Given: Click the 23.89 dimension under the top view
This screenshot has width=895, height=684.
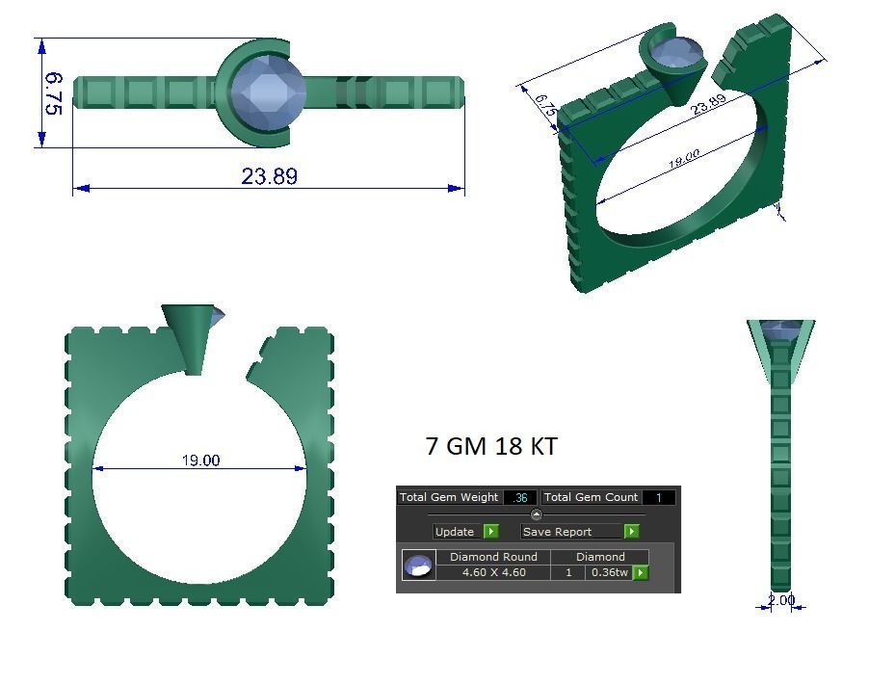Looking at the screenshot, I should [x=269, y=176].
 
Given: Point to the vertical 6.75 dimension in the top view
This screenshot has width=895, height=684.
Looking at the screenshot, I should [x=54, y=93].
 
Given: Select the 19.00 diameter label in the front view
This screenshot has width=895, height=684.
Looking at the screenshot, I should [x=200, y=460].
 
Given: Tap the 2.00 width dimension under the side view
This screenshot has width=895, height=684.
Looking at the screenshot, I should [x=781, y=600].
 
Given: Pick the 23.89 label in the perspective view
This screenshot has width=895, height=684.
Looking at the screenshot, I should [x=708, y=104].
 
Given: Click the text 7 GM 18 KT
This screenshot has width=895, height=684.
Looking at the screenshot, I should [x=490, y=446].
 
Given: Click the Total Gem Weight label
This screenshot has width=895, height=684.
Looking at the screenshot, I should [x=449, y=497].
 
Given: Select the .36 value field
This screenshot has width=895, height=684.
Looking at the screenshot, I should [x=520, y=497].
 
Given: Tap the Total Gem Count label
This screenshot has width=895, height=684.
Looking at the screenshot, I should [x=591, y=497].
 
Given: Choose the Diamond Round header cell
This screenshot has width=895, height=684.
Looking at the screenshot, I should [x=493, y=557].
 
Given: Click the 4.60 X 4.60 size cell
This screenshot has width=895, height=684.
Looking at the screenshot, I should [x=493, y=572].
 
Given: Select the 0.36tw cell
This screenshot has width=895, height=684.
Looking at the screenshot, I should [x=609, y=572].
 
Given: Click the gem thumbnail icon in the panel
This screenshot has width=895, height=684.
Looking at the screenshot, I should [x=418, y=566].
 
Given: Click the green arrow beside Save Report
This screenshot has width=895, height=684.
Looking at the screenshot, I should [x=631, y=531].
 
